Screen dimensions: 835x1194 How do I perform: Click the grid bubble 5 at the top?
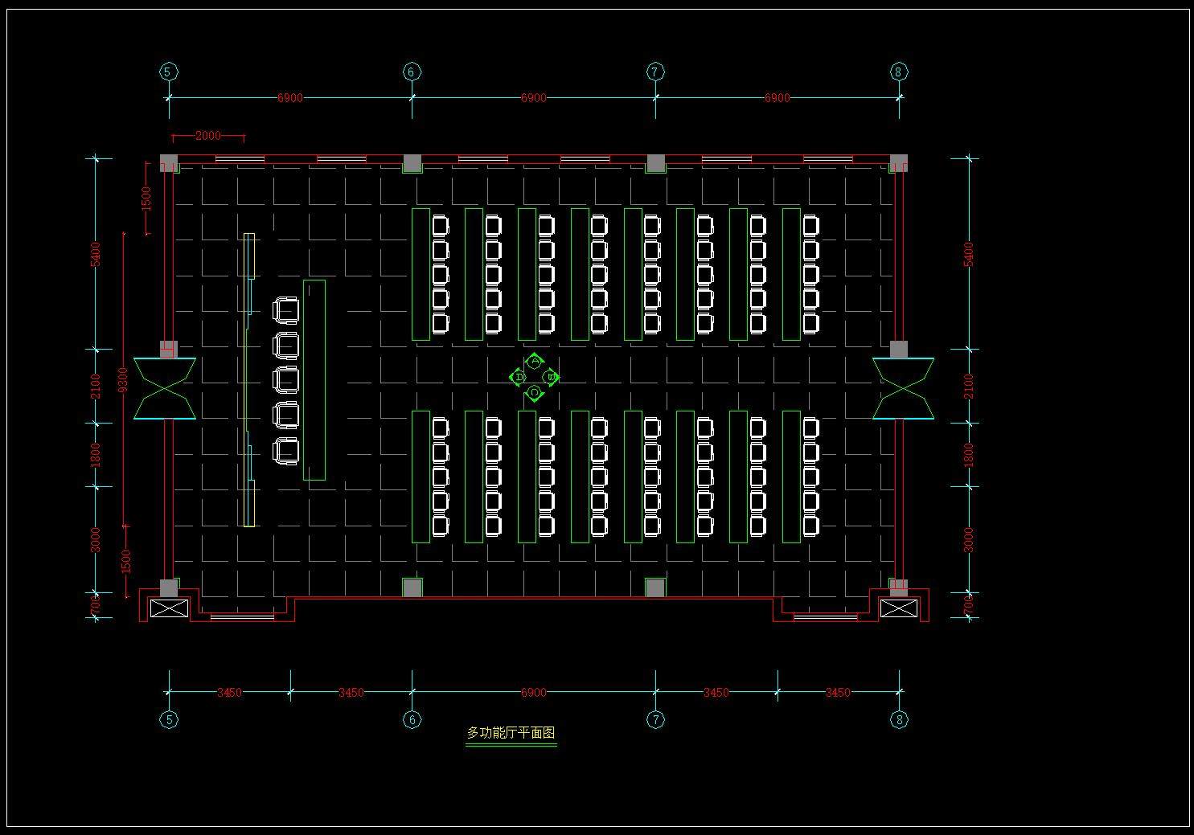(x=168, y=72)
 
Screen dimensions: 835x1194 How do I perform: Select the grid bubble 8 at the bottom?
(x=899, y=719)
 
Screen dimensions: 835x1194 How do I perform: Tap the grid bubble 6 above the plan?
(x=412, y=72)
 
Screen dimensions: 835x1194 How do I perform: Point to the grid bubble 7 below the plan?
(x=655, y=719)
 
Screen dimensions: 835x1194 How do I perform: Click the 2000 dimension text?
(x=207, y=136)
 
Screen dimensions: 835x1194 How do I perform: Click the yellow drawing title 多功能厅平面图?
(x=511, y=733)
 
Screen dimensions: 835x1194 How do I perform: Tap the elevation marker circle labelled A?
(x=535, y=362)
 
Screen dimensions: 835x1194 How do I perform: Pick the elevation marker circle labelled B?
(x=551, y=377)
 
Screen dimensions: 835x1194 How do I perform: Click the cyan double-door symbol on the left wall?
(x=165, y=388)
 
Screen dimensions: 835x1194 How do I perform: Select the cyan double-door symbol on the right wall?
(x=903, y=388)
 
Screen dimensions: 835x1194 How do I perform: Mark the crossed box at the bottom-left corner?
(x=168, y=608)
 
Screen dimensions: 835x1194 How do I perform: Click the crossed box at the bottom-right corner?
(x=898, y=608)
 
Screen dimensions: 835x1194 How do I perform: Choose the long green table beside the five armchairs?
(x=314, y=380)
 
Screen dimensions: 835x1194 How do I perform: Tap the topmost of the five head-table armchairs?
(x=286, y=309)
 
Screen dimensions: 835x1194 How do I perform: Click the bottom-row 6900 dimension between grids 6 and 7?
(x=533, y=692)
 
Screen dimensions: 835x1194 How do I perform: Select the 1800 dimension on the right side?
(x=969, y=455)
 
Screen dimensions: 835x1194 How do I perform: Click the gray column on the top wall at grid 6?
(x=412, y=163)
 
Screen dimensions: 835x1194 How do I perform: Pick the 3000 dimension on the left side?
(x=96, y=538)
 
